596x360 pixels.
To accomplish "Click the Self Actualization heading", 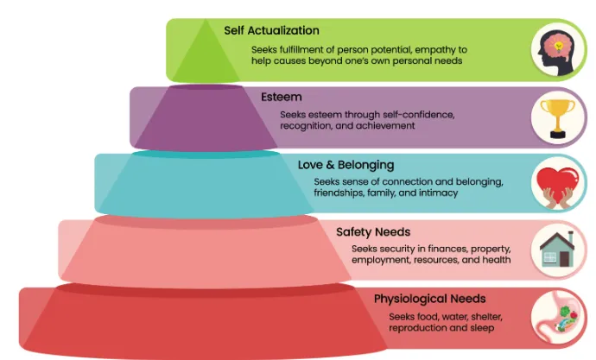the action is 271,30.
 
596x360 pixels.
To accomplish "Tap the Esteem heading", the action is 282,97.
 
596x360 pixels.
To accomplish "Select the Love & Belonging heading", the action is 346,165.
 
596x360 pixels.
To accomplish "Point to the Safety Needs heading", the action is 373,231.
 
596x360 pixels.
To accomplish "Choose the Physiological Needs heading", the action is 430,299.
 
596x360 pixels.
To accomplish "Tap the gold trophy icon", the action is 558,118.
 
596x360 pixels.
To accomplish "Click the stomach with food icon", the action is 558,316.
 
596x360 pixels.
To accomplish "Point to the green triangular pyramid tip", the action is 206,51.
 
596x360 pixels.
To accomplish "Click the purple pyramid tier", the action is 206,117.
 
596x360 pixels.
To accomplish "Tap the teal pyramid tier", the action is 206,184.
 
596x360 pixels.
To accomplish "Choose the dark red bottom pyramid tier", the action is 206,321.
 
